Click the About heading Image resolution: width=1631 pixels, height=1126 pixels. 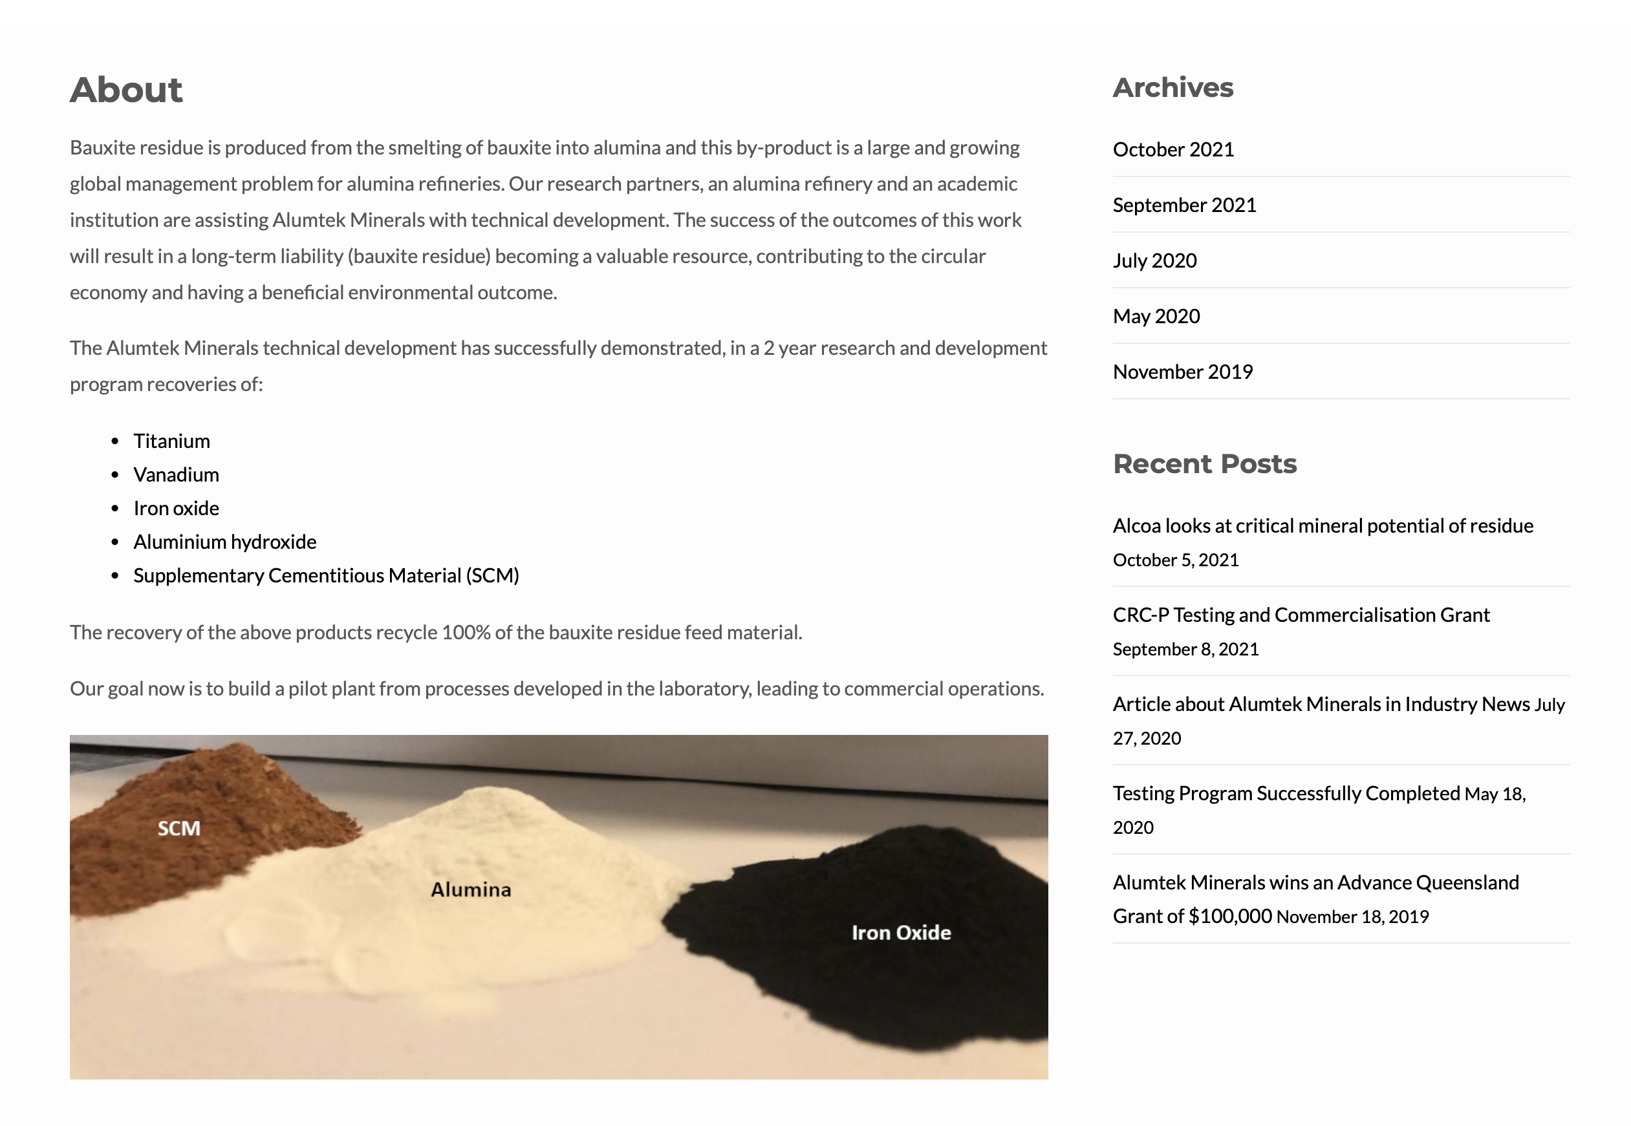(x=125, y=90)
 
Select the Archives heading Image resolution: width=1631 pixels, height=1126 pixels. (x=1172, y=87)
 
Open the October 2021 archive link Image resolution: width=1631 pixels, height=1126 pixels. (x=1173, y=149)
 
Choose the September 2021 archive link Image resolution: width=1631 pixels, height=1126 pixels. (x=1184, y=206)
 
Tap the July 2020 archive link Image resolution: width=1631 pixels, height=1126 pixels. (x=1154, y=261)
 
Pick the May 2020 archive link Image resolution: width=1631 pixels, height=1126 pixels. (x=1156, y=316)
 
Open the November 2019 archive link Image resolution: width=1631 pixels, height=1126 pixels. (x=1183, y=372)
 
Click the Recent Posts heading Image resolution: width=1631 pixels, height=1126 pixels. (x=1204, y=464)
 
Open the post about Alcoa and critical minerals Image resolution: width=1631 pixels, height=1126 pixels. (x=1323, y=526)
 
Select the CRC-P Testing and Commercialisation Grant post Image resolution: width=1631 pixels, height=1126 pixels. (x=1301, y=615)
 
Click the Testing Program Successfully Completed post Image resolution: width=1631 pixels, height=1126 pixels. (x=1286, y=794)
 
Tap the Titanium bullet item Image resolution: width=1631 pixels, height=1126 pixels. (x=171, y=441)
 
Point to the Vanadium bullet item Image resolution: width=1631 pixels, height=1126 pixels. (x=176, y=475)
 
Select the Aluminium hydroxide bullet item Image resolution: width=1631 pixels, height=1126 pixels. (x=224, y=542)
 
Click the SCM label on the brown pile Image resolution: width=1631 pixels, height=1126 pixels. (x=178, y=828)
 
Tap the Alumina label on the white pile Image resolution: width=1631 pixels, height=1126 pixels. (x=471, y=889)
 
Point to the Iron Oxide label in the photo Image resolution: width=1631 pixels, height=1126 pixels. (x=901, y=933)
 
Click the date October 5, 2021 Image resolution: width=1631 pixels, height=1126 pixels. (x=1175, y=560)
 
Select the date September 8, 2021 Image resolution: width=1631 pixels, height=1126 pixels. (x=1185, y=649)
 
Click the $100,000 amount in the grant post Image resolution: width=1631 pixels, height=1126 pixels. (x=1229, y=917)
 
